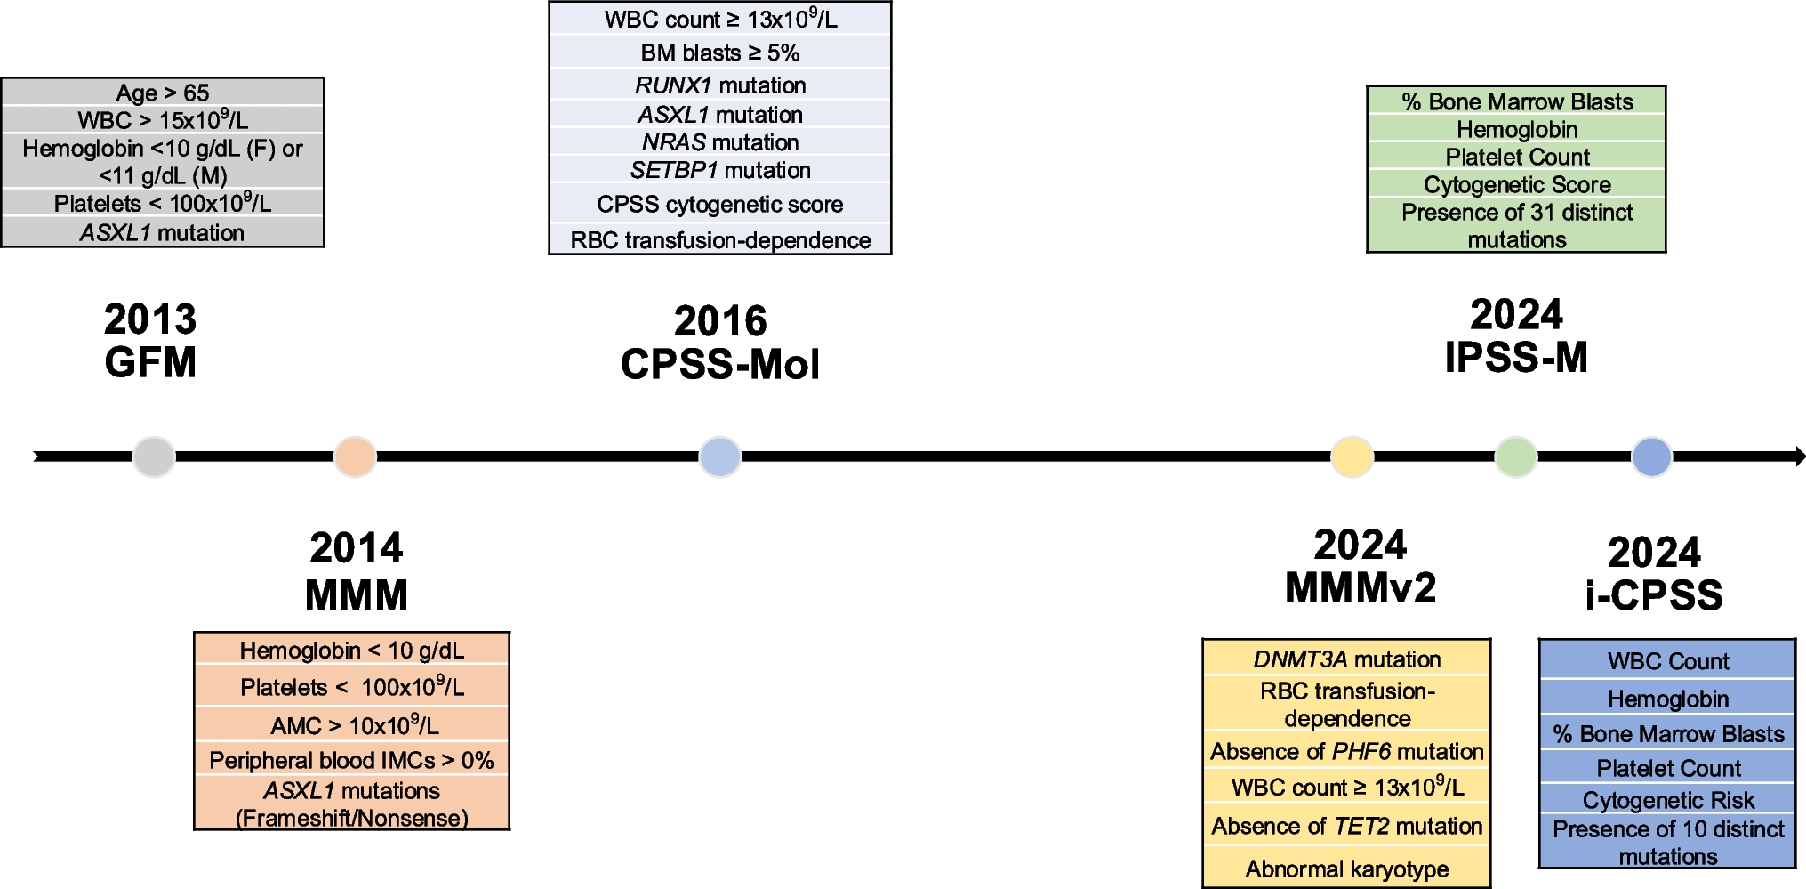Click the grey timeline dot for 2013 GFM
[x=154, y=457]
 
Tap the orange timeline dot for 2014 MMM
[x=355, y=457]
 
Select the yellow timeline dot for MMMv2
[x=1352, y=457]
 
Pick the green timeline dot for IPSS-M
[x=1516, y=457]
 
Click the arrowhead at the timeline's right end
[x=1799, y=457]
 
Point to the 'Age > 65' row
[x=163, y=93]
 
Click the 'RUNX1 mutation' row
[x=720, y=85]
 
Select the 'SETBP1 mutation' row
[x=720, y=170]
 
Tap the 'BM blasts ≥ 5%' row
[x=720, y=53]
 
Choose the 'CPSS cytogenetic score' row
[x=720, y=205]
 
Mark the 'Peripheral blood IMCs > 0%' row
[x=352, y=760]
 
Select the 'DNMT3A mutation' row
[x=1346, y=659]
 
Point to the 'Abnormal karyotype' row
[x=1346, y=869]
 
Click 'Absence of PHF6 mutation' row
[x=1346, y=752]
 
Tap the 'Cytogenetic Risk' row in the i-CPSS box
[x=1668, y=800]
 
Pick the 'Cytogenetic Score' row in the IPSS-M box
[x=1517, y=184]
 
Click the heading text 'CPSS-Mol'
[x=720, y=365]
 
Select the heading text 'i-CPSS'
[x=1654, y=595]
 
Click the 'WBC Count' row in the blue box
[x=1668, y=661]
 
